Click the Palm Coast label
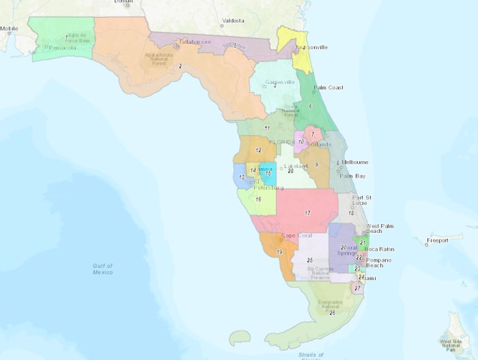pyautogui.click(x=328, y=87)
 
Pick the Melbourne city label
pyautogui.click(x=354, y=162)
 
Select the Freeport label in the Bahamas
pyautogui.click(x=437, y=240)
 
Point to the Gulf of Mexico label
pyautogui.click(x=102, y=268)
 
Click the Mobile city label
pyautogui.click(x=9, y=29)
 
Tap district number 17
pyautogui.click(x=307, y=213)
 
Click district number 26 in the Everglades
pyautogui.click(x=332, y=312)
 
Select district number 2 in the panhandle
pyautogui.click(x=180, y=66)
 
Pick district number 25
pyautogui.click(x=309, y=260)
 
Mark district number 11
pyautogui.click(x=267, y=128)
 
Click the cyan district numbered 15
pyautogui.click(x=268, y=174)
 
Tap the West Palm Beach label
pyautogui.click(x=382, y=229)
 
